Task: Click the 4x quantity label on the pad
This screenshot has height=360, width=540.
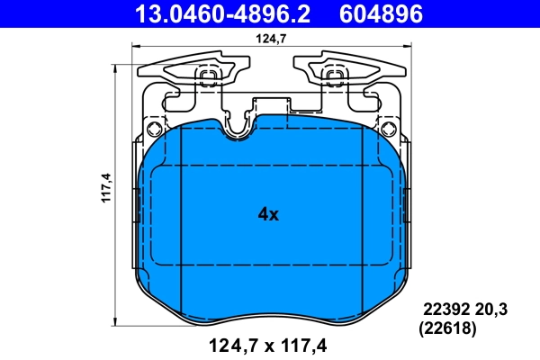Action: point(269,214)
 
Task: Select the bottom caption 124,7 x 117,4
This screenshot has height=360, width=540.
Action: point(267,343)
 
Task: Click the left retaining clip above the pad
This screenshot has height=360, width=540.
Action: point(184,72)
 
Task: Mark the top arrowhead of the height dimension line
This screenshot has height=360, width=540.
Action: point(120,65)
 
